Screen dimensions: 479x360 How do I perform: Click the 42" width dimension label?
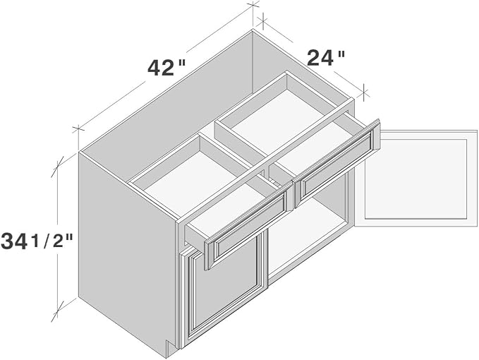point(166,68)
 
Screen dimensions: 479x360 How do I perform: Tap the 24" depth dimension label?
point(326,58)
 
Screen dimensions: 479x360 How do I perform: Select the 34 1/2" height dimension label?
point(37,241)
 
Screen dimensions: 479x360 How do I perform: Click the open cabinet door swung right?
point(416,179)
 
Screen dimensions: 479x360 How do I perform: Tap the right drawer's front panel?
point(336,164)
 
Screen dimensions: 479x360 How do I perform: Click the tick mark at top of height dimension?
point(57,167)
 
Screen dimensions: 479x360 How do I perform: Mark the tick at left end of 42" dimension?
point(78,130)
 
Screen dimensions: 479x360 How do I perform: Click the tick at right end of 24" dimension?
point(364,92)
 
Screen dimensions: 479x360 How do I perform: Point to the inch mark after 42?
point(181,63)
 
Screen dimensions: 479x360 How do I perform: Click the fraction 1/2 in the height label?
point(52,241)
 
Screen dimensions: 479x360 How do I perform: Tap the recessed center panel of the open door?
point(416,179)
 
